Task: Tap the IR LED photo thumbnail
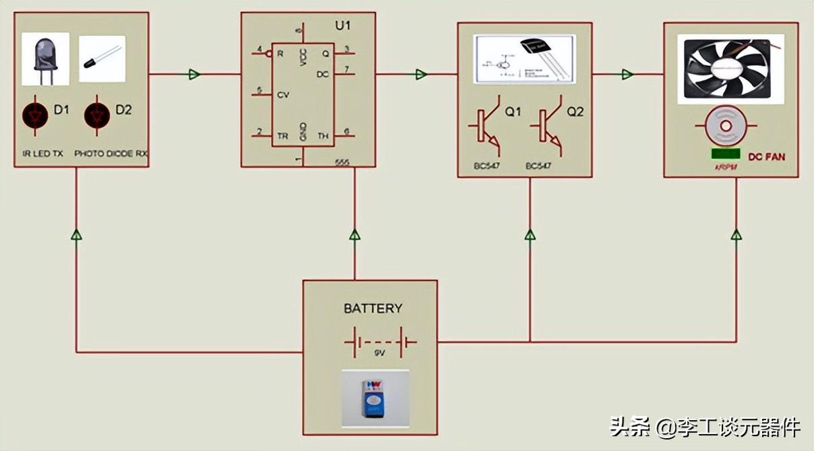click(45, 59)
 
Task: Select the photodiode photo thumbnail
click(102, 59)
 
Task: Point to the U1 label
click(343, 26)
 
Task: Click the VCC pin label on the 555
click(303, 58)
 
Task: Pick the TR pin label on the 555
click(283, 135)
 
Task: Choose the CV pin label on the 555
click(283, 95)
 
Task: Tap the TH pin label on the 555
click(323, 135)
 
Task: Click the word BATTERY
click(373, 308)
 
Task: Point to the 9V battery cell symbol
click(380, 342)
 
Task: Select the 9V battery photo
click(375, 398)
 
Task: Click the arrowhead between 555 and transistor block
click(421, 74)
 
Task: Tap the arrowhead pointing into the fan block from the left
click(627, 74)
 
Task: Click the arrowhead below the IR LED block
click(76, 235)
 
